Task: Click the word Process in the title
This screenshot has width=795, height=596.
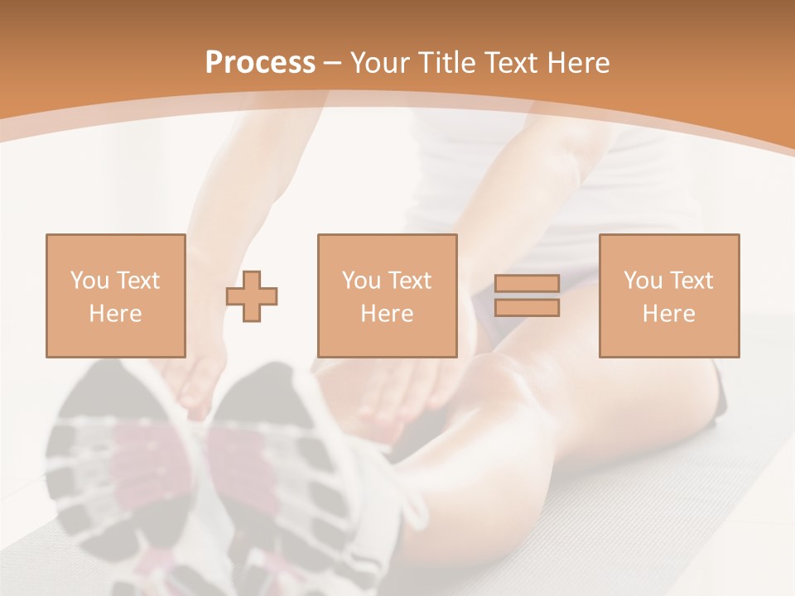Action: tap(260, 63)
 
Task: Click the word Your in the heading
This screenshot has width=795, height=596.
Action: tap(381, 63)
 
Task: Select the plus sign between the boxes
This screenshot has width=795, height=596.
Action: tap(253, 296)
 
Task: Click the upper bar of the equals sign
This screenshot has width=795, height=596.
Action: tap(527, 284)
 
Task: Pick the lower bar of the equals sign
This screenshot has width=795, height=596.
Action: tap(527, 308)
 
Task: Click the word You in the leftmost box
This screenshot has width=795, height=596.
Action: tap(89, 281)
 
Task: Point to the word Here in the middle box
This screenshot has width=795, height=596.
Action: tap(387, 314)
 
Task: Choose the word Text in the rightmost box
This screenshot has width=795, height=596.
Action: tap(691, 281)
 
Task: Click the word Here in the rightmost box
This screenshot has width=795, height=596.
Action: tap(669, 314)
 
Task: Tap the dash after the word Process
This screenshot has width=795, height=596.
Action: tap(333, 63)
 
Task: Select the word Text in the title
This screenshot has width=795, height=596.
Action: tap(512, 63)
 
